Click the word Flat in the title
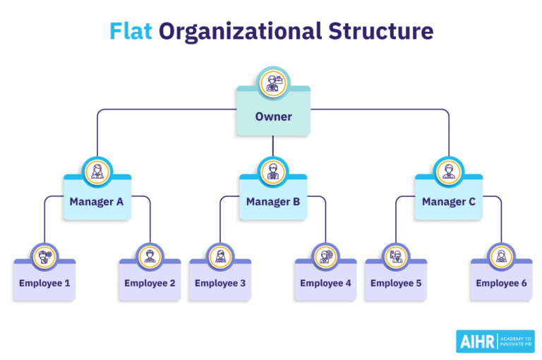tap(131, 32)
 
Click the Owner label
tap(273, 116)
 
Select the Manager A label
tap(97, 202)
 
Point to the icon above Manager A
tap(97, 172)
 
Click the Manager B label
tap(273, 202)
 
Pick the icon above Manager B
tap(273, 172)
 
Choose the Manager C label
tap(449, 202)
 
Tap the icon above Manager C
tap(449, 172)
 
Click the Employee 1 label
tap(44, 284)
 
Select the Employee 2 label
tap(150, 284)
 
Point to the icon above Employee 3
tap(220, 256)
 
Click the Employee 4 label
tap(325, 284)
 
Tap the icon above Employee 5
tap(396, 256)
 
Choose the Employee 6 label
tap(501, 284)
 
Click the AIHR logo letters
tap(476, 341)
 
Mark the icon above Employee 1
tap(44, 256)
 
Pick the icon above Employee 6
tap(501, 256)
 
